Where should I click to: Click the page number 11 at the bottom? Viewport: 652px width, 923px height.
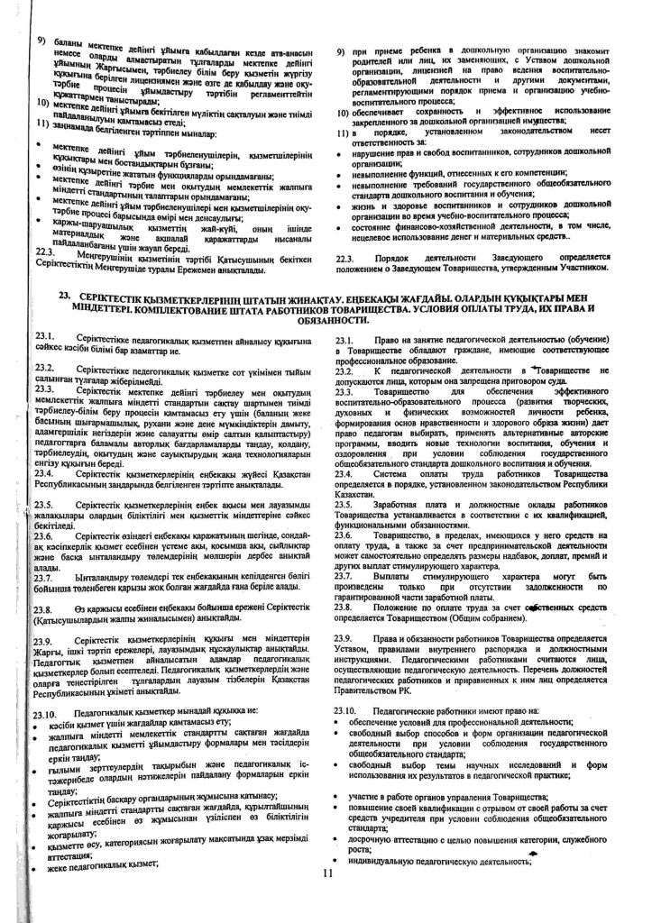click(x=326, y=873)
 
